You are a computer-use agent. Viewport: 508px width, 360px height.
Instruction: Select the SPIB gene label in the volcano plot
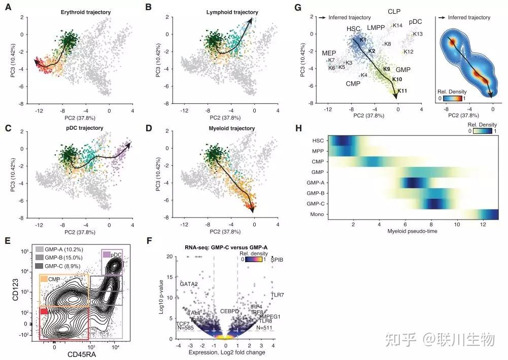(x=277, y=260)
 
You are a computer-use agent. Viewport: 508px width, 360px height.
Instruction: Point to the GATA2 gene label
(x=188, y=284)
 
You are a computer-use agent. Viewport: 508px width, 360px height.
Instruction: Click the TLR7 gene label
(x=277, y=295)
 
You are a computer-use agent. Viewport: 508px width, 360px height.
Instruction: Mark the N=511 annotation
(x=265, y=328)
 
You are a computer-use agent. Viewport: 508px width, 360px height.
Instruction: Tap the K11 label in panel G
(x=403, y=91)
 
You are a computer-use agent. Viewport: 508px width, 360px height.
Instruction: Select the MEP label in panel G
(x=329, y=53)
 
